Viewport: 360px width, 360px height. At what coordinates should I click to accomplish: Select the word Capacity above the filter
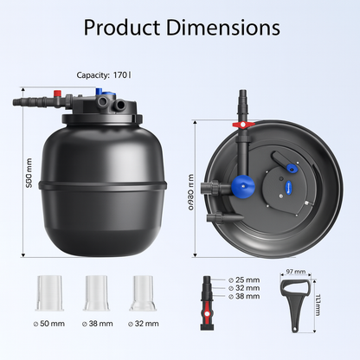[94, 75]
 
